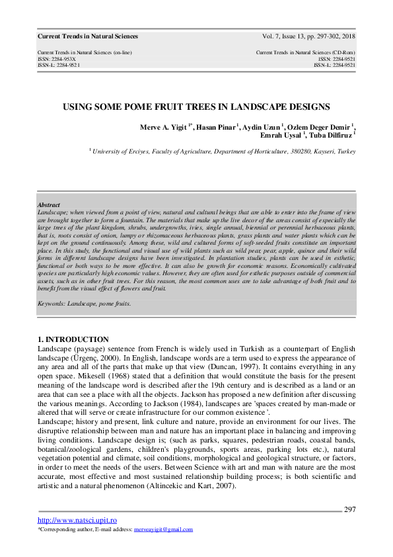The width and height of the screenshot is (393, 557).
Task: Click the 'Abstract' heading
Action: coord(50,206)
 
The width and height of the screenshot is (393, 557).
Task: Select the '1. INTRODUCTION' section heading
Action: coord(73,339)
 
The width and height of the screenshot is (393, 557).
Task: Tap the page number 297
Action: coord(350,509)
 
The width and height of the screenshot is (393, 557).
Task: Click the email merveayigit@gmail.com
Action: coord(163,530)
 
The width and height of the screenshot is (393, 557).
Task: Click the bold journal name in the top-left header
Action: coord(88,36)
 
